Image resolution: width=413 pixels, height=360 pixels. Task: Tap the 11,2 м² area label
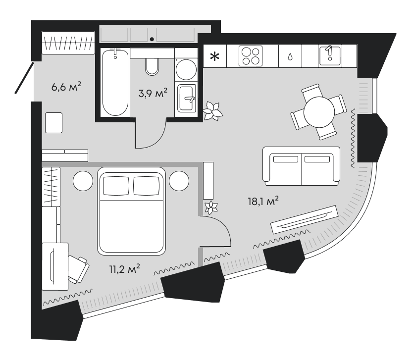[x=124, y=269]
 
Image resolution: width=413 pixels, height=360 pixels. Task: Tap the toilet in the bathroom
[x=153, y=65]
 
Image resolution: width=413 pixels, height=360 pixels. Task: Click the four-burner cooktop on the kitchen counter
[x=250, y=56]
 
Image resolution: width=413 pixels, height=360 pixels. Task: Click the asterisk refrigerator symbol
[x=214, y=56]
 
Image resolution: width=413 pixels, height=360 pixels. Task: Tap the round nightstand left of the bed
[x=83, y=180]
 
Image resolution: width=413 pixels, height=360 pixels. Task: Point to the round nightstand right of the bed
[x=179, y=180]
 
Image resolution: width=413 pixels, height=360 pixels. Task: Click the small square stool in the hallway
[x=54, y=122]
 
